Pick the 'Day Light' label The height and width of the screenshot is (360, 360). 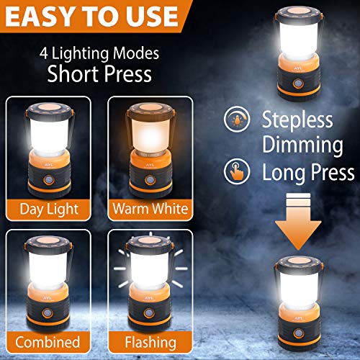click(48, 210)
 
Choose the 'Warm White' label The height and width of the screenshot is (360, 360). click(150, 210)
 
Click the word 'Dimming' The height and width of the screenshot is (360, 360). click(302, 145)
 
